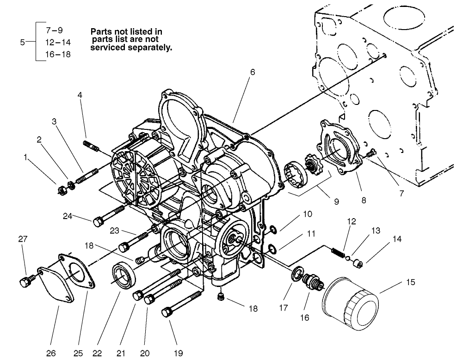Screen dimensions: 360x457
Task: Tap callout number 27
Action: tap(23, 239)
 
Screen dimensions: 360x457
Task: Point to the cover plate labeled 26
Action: tap(55, 287)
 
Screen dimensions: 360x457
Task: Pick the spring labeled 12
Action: tap(339, 252)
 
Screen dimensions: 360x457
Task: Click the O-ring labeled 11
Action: tap(273, 250)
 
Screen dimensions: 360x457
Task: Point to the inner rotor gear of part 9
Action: tap(311, 164)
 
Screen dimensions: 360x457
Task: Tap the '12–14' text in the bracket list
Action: tap(58, 42)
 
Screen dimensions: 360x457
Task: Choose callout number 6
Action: tap(253, 72)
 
